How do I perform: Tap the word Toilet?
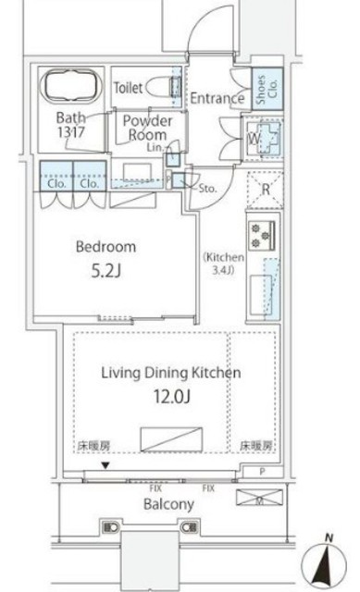tap(129, 87)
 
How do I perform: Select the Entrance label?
tap(217, 98)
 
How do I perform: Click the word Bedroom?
tap(106, 247)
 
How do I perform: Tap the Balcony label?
tap(168, 504)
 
